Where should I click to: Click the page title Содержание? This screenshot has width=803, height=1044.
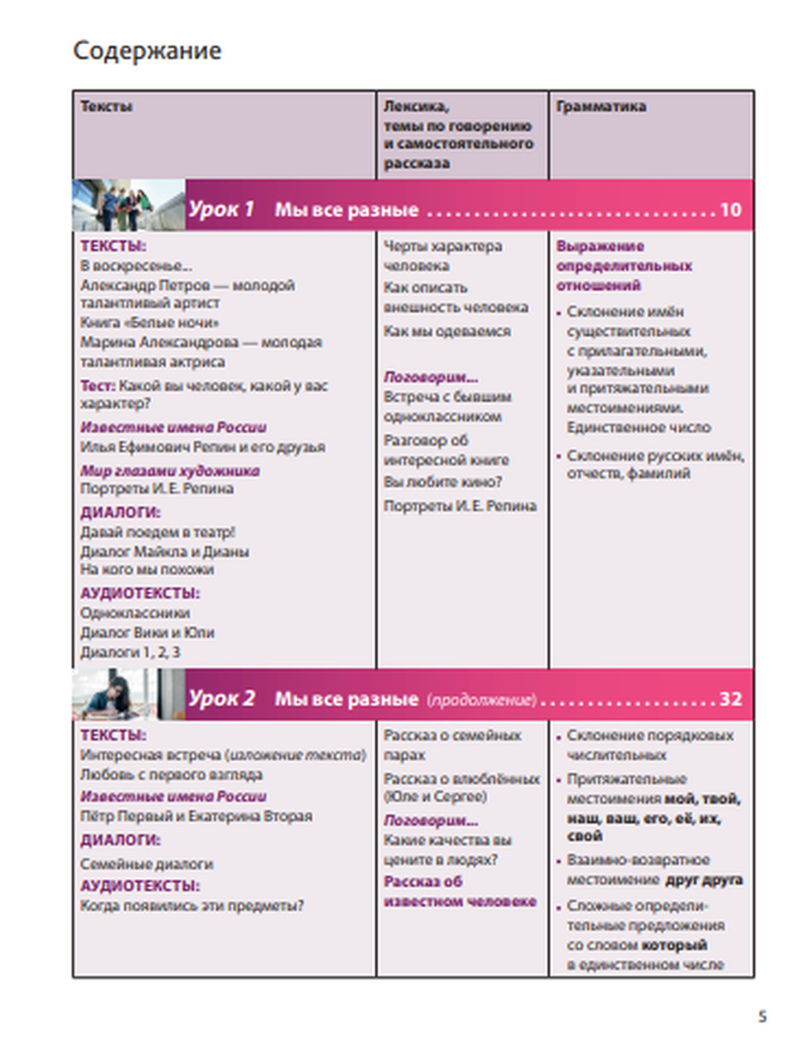click(x=147, y=51)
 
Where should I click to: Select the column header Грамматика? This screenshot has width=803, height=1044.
click(x=601, y=107)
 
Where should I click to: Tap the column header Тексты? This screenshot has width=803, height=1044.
click(x=106, y=107)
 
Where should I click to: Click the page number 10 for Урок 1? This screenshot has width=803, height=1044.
click(x=730, y=210)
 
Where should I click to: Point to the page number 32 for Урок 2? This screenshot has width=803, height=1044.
click(x=730, y=699)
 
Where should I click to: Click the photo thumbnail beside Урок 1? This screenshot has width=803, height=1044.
click(x=128, y=206)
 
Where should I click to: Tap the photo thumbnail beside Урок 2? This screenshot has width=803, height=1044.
click(x=128, y=695)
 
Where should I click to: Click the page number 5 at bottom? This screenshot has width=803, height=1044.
click(x=762, y=1017)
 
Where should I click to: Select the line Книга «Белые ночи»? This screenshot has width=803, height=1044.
click(x=149, y=323)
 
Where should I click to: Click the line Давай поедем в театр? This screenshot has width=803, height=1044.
click(x=157, y=532)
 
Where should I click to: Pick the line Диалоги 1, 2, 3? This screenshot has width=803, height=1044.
click(x=130, y=652)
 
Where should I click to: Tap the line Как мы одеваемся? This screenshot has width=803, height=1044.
click(x=446, y=331)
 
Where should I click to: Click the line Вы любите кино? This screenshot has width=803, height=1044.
click(x=442, y=482)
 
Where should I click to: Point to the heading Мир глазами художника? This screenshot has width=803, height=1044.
click(x=169, y=471)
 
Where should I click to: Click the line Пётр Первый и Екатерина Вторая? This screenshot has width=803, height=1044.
click(x=196, y=816)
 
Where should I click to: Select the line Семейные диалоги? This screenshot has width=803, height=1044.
click(x=146, y=864)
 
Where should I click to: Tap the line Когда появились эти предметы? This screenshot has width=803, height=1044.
click(x=192, y=906)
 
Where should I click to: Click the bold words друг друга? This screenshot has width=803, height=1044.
click(x=704, y=880)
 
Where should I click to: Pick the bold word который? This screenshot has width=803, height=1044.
click(x=675, y=945)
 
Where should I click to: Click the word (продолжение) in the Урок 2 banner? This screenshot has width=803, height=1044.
click(x=481, y=700)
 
